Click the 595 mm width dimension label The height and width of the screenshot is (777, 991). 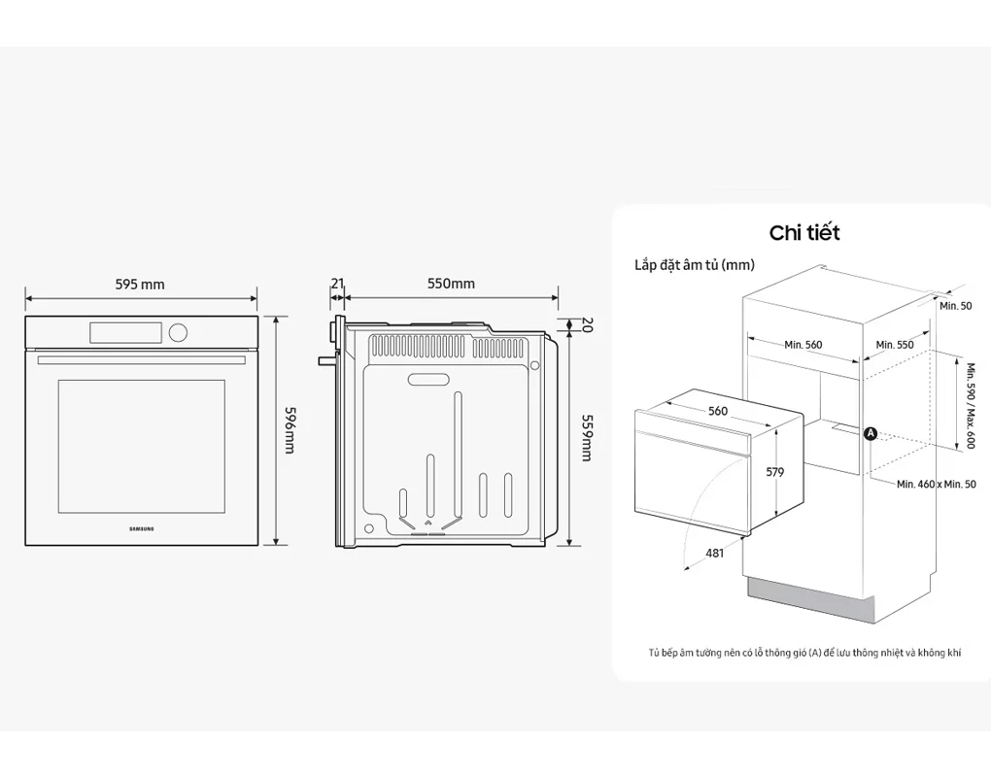click(x=140, y=285)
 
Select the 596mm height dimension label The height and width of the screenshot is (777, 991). click(x=290, y=429)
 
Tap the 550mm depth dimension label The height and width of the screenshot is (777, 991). click(x=452, y=284)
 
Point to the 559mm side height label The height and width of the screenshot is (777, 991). click(x=586, y=438)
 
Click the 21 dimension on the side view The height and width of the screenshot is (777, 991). click(x=337, y=284)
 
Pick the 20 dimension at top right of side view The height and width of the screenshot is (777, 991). click(x=586, y=324)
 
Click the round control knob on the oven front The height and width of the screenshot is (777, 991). click(x=177, y=332)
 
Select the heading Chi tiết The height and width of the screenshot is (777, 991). click(x=803, y=233)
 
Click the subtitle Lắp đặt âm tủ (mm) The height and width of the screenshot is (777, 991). click(x=694, y=264)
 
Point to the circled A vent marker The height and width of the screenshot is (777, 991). click(x=871, y=433)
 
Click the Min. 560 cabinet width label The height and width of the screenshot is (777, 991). click(x=803, y=345)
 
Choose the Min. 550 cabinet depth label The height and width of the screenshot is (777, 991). click(x=895, y=345)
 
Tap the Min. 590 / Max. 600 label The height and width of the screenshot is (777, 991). click(x=969, y=405)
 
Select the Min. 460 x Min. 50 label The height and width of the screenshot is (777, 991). click(x=936, y=484)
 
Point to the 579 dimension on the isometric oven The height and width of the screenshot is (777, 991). click(x=774, y=472)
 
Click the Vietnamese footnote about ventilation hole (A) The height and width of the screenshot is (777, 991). click(x=804, y=654)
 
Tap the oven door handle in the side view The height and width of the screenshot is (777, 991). click(x=324, y=360)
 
